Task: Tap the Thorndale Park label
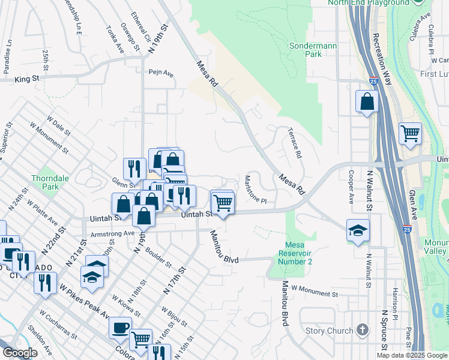pyautogui.click(x=46, y=182)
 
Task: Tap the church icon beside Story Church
pyautogui.click(x=362, y=329)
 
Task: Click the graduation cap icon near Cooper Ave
pyautogui.click(x=358, y=230)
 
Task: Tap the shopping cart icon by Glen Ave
pyautogui.click(x=410, y=133)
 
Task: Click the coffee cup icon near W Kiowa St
pyautogui.click(x=120, y=328)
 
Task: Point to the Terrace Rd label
pyautogui.click(x=294, y=143)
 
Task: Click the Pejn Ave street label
pyautogui.click(x=161, y=73)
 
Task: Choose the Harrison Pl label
pyautogui.click(x=396, y=305)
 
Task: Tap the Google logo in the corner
pyautogui.click(x=20, y=353)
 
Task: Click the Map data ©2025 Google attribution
pyautogui.click(x=411, y=355)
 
